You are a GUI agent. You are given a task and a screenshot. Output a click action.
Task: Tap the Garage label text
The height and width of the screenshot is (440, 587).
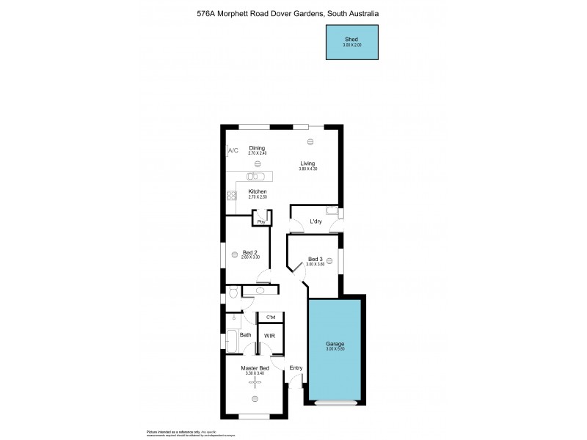(335, 344)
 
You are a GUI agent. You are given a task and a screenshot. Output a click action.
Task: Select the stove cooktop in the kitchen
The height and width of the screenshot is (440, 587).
(231, 195)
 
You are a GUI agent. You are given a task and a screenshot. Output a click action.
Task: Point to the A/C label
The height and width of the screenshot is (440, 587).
(233, 150)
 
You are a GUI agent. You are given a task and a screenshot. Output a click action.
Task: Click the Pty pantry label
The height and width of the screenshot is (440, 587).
(260, 221)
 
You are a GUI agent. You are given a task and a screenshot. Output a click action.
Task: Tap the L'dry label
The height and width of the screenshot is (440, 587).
(316, 221)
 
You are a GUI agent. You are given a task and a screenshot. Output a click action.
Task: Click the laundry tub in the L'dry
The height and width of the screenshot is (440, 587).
(332, 213)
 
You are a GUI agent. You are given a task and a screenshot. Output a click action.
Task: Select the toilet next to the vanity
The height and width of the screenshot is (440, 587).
(233, 292)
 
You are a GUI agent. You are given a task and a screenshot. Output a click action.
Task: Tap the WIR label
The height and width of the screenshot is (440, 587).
(269, 336)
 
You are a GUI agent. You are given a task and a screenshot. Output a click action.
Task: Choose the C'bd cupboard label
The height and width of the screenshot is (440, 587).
(270, 317)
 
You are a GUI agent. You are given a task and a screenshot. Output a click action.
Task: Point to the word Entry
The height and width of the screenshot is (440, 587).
(296, 368)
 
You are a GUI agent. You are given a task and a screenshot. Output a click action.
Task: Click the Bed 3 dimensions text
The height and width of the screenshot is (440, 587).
(315, 264)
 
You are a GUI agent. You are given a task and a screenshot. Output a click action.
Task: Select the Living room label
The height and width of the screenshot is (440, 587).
(307, 164)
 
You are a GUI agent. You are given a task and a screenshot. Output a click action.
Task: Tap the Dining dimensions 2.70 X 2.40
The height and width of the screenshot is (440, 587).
(257, 153)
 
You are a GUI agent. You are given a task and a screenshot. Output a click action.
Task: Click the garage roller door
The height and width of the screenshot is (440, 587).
(335, 402)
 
